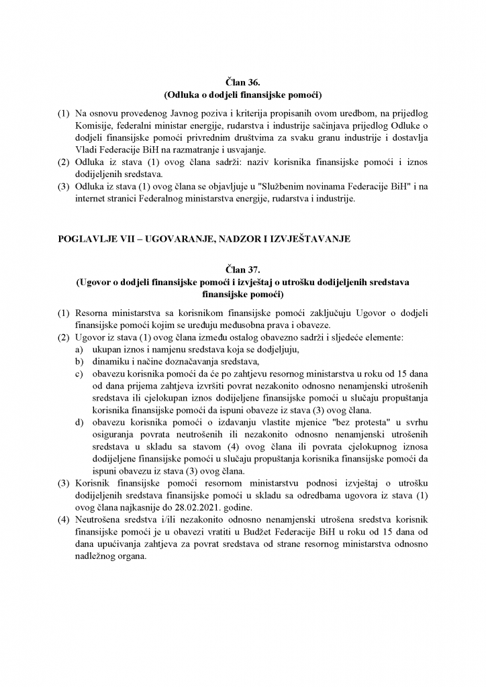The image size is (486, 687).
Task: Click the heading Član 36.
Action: pos(242,82)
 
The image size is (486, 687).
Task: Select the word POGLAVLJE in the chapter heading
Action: pos(83,239)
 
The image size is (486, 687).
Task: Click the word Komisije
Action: pos(95,125)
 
